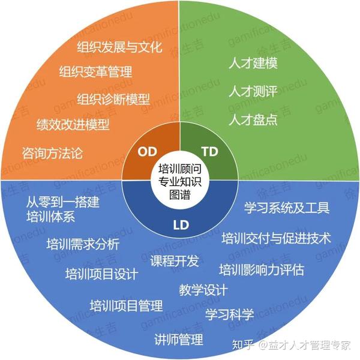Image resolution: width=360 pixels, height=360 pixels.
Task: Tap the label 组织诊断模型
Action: (x=113, y=98)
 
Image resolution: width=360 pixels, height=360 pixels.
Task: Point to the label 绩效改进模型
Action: (x=73, y=125)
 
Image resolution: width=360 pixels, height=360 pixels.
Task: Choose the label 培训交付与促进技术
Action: (x=275, y=239)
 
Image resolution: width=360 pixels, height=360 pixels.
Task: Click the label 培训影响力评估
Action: (x=261, y=269)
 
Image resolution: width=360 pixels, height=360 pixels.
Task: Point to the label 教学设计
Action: (x=203, y=290)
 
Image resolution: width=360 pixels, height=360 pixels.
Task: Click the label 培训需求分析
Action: (x=83, y=244)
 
